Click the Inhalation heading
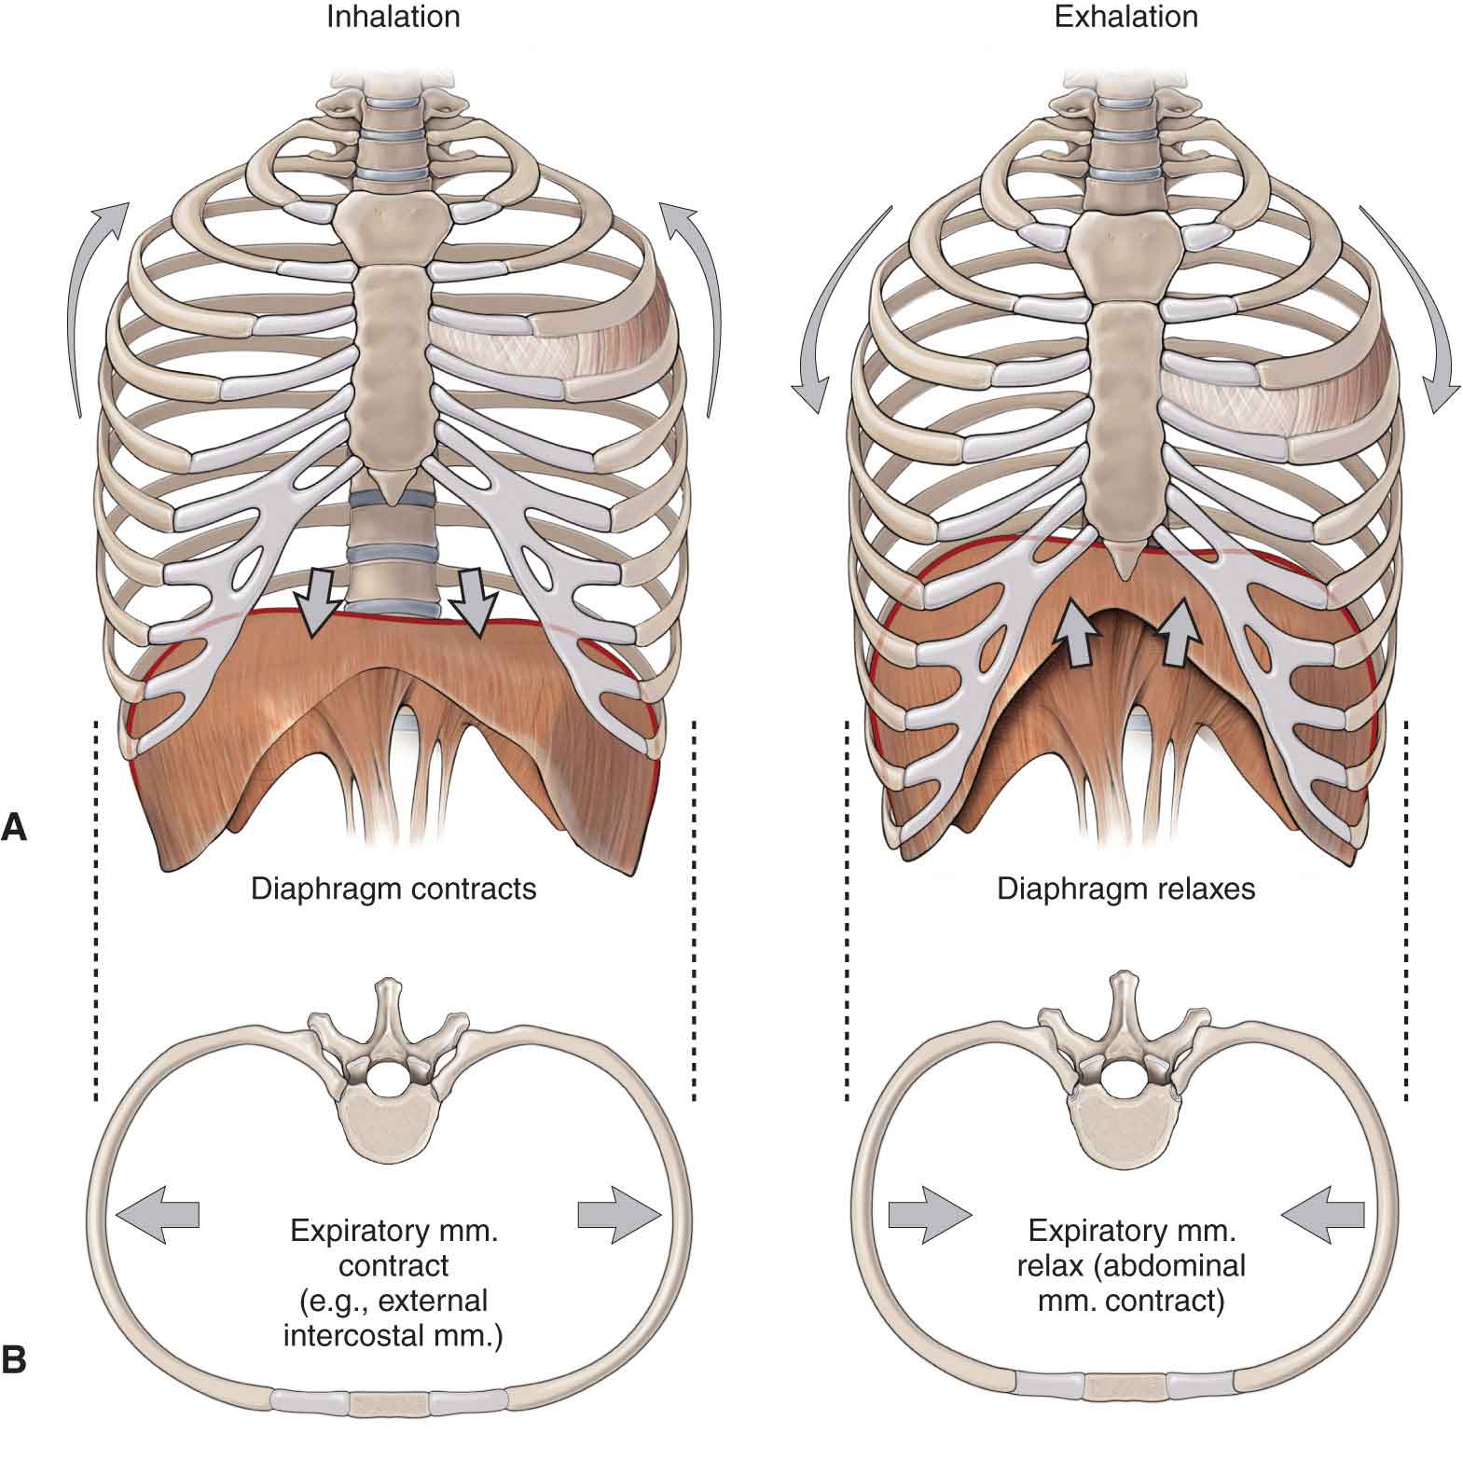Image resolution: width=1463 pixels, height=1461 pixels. (393, 18)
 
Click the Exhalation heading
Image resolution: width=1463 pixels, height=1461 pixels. (1125, 18)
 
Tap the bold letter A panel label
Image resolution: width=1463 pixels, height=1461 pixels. (15, 827)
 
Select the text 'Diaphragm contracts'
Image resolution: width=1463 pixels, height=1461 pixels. (393, 889)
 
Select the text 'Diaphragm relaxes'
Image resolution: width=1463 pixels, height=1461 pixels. (1125, 889)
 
